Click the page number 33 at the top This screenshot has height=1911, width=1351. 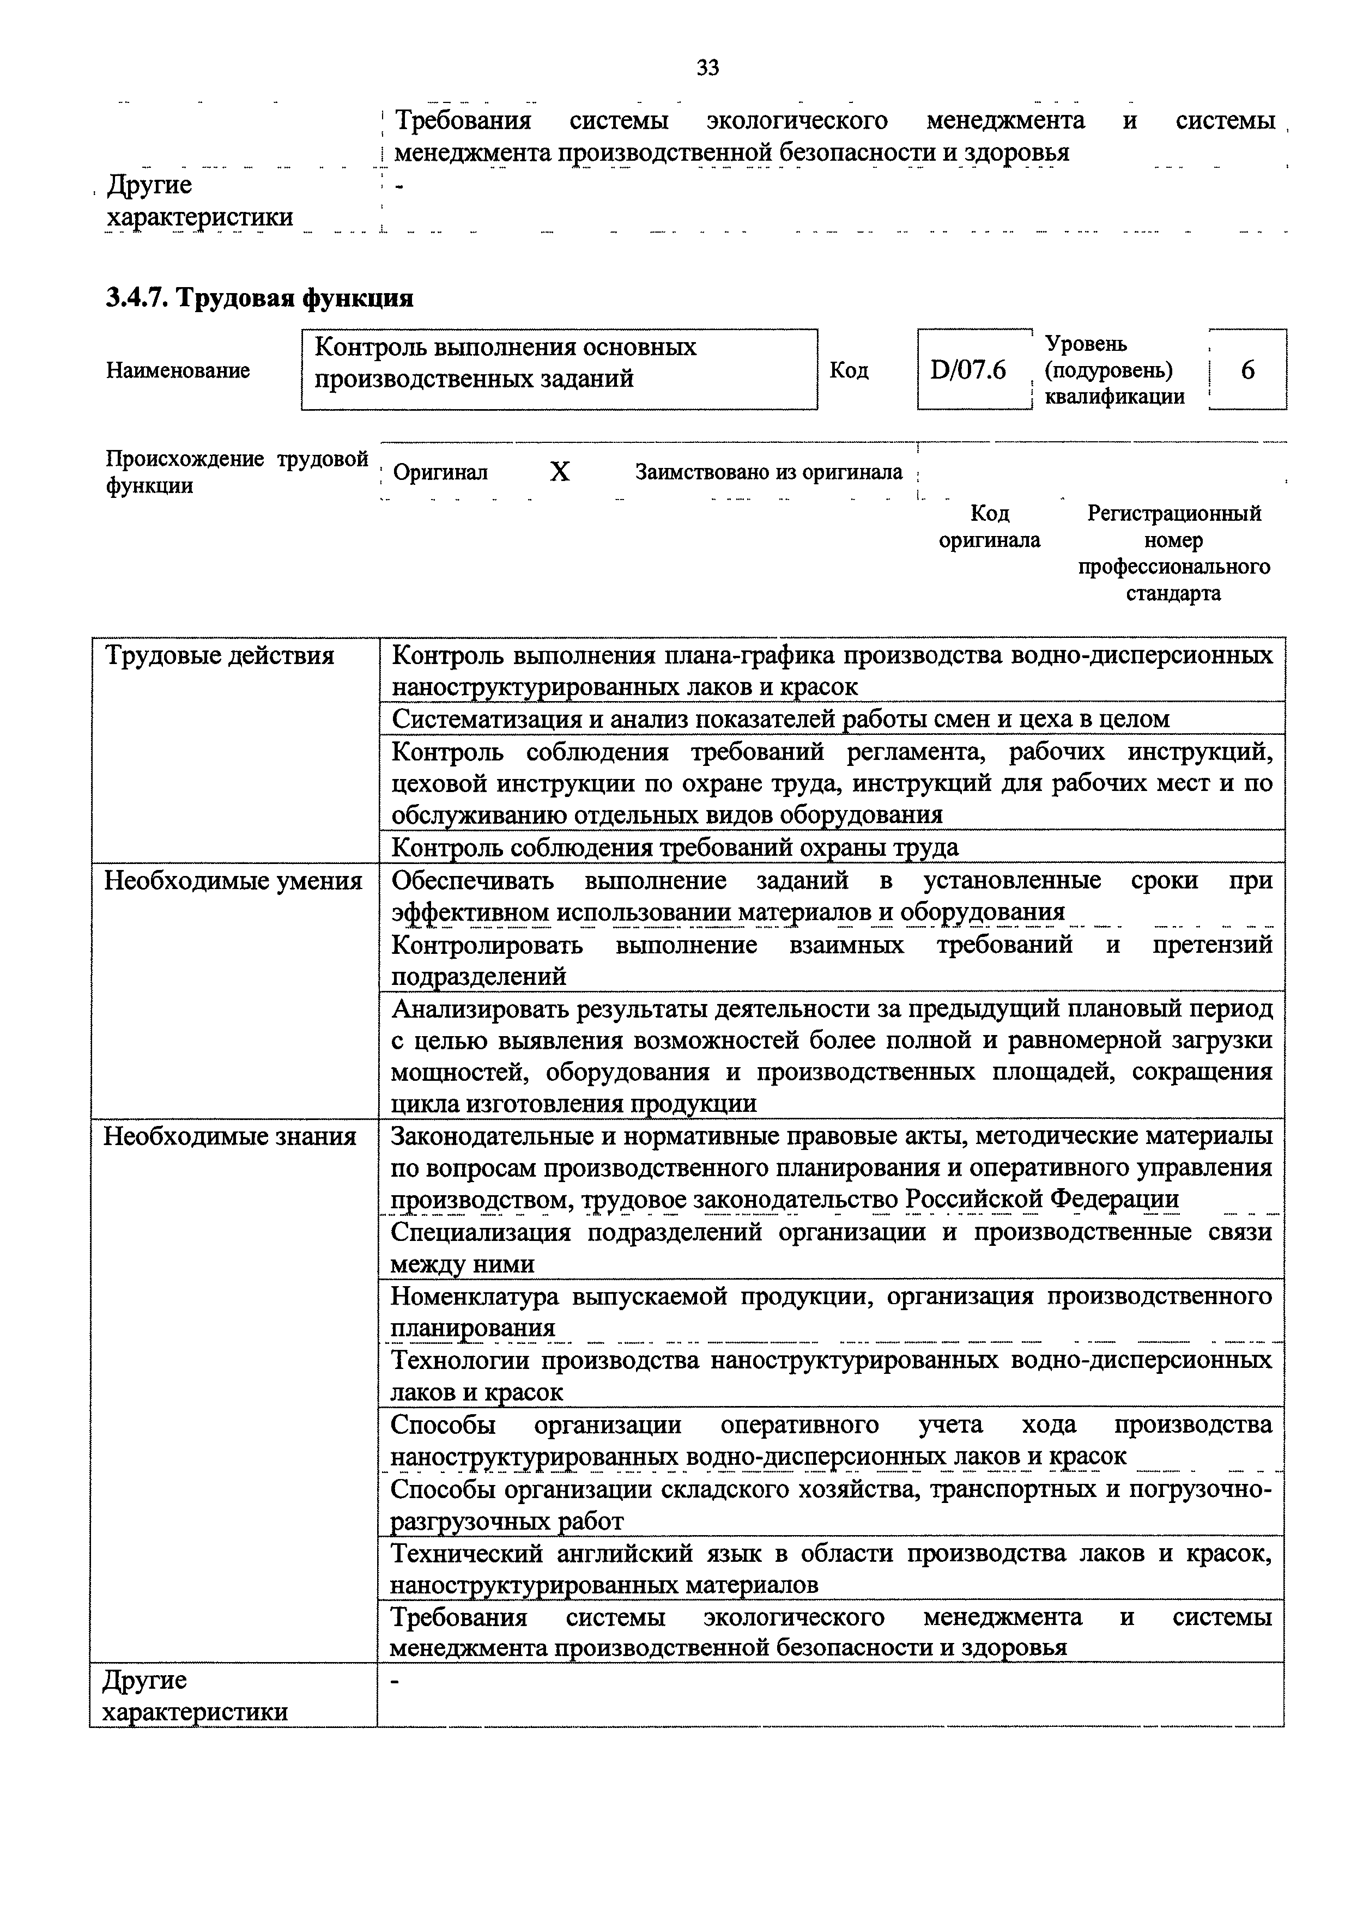707,68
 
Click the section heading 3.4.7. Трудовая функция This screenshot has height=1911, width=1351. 260,297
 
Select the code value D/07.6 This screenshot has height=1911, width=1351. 968,369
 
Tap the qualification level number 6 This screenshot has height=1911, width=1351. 1247,369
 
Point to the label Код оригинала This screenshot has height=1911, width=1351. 989,527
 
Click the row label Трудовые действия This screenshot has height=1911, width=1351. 220,656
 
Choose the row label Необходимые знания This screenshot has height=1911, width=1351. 230,1136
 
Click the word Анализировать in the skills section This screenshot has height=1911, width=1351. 470,1009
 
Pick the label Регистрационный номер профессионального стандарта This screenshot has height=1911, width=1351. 1174,553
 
